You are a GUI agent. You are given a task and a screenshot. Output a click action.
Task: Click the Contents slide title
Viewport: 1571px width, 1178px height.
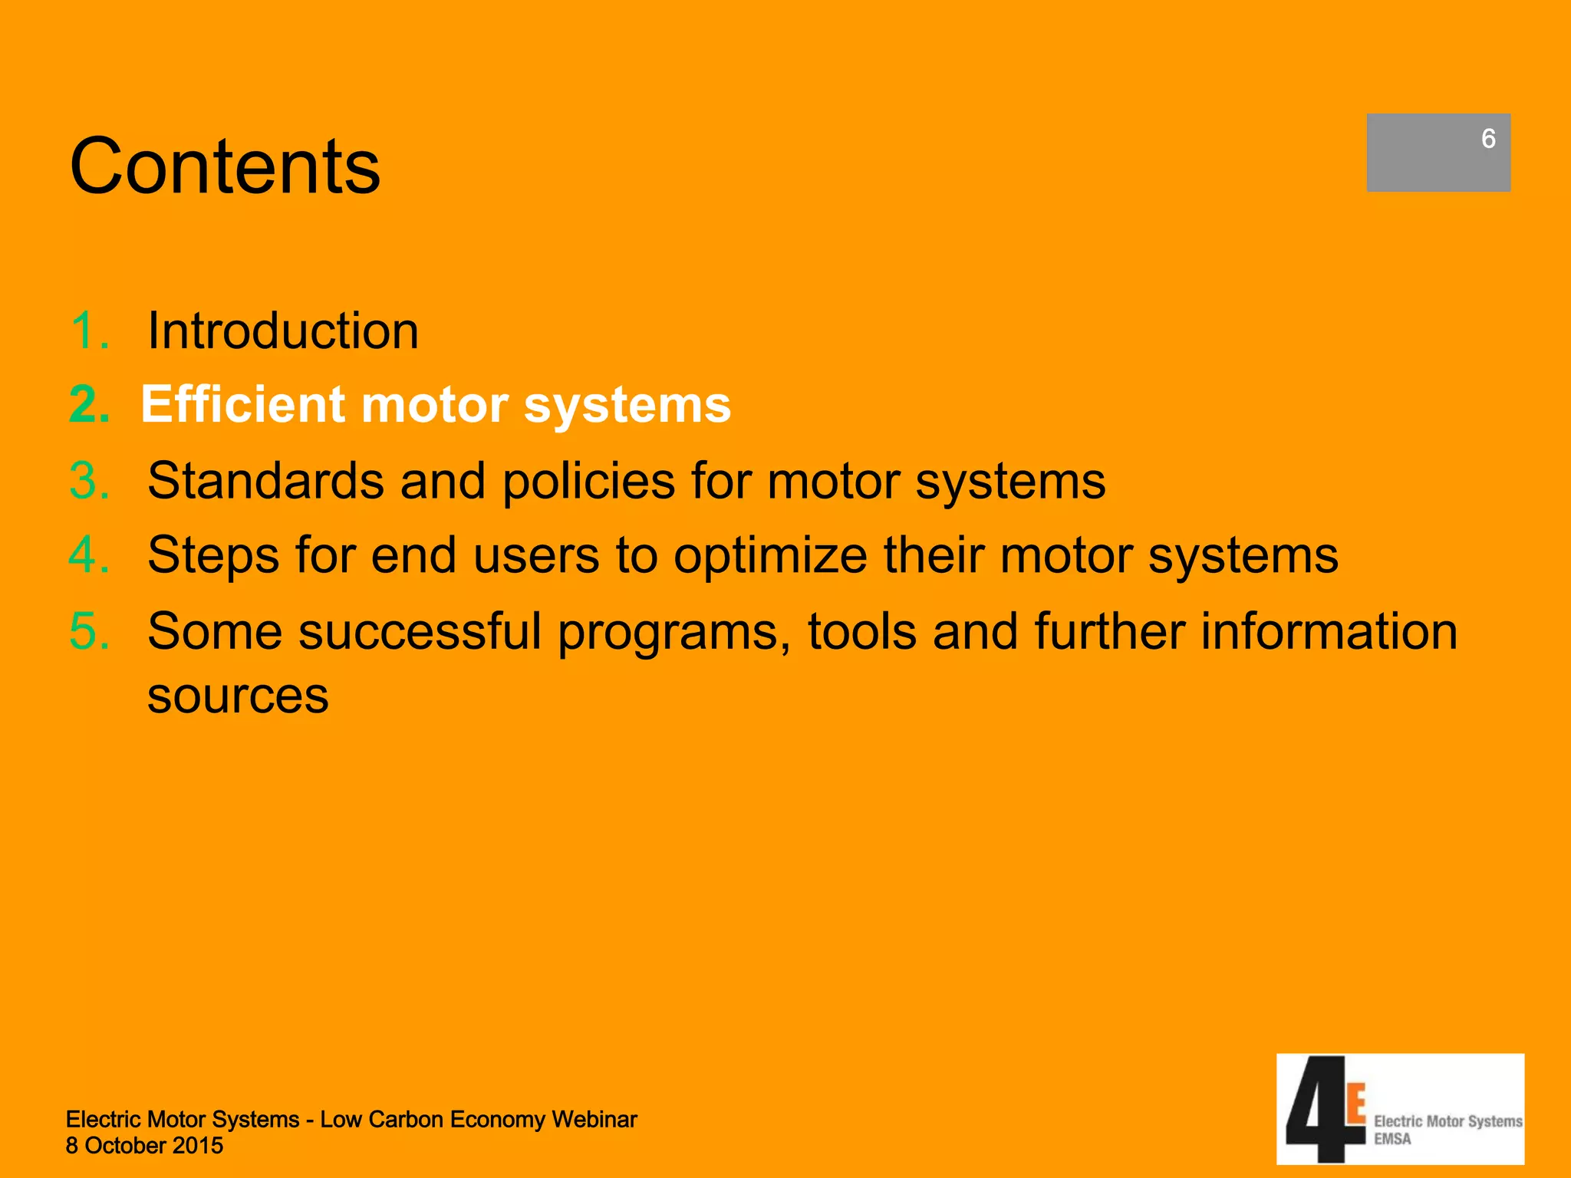[225, 166]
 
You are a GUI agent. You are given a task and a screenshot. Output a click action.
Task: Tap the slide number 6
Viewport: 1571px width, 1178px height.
[1488, 139]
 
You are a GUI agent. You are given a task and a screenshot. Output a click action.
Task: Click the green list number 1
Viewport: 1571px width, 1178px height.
[87, 331]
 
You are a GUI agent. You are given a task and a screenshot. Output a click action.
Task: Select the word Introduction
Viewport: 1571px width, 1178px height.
[283, 331]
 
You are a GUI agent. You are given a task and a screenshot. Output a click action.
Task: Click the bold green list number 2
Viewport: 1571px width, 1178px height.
[89, 404]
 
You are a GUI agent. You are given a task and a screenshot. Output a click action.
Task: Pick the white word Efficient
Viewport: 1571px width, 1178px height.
[243, 404]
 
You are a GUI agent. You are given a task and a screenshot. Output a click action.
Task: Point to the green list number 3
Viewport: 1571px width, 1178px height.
[89, 481]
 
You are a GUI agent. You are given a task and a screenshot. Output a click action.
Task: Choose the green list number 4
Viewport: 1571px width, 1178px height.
[89, 554]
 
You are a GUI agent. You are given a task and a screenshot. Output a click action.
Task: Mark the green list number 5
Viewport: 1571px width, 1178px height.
[89, 631]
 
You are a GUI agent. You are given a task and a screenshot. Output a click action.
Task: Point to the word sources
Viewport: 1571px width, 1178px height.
[238, 696]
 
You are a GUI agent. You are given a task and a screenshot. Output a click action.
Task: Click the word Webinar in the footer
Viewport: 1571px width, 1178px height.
[594, 1120]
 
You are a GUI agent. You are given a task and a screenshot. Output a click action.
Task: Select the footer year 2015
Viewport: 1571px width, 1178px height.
[198, 1146]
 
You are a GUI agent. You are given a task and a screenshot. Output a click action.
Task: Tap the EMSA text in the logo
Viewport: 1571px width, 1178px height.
[1392, 1139]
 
